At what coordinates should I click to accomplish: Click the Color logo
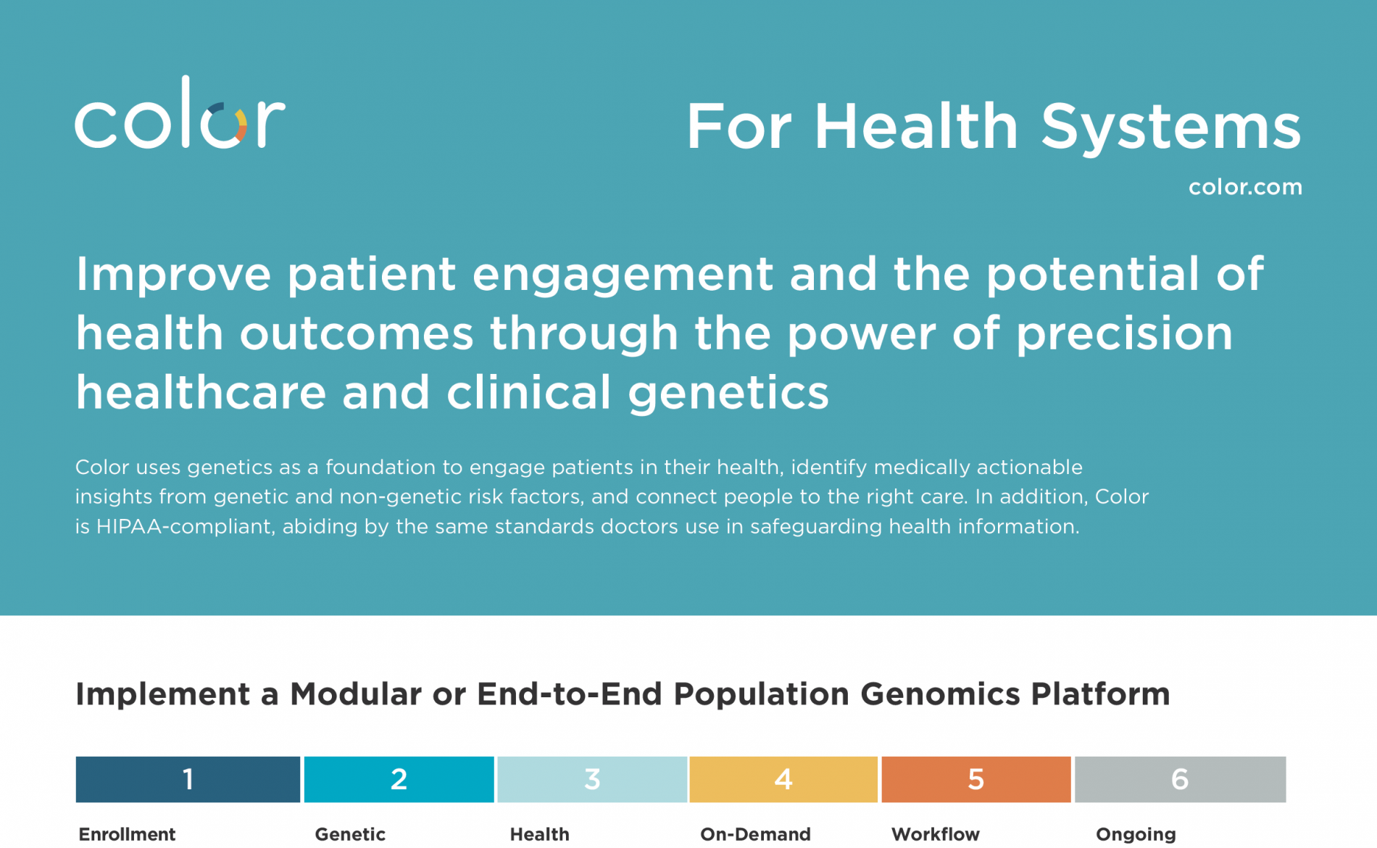coord(180,112)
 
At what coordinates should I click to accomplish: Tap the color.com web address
coord(1245,187)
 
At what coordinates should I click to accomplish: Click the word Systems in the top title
coord(1170,128)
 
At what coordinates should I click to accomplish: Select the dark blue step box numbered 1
coord(188,779)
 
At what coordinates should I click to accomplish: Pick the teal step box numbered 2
coord(399,779)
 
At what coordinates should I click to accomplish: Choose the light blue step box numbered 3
coord(592,779)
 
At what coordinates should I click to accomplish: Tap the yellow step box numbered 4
coord(783,779)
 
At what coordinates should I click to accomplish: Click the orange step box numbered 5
coord(976,779)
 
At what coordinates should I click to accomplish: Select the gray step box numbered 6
coord(1180,779)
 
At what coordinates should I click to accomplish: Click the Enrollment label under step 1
coord(127,834)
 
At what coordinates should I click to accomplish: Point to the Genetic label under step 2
coord(350,834)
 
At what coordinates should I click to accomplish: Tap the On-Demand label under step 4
coord(755,834)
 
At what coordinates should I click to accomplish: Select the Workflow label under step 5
coord(935,834)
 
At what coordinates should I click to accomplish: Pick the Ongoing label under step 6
coord(1136,835)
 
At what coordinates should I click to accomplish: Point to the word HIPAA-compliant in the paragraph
coord(186,527)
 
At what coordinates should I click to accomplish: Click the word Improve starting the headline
coord(173,275)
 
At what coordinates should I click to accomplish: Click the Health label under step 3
coord(539,834)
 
